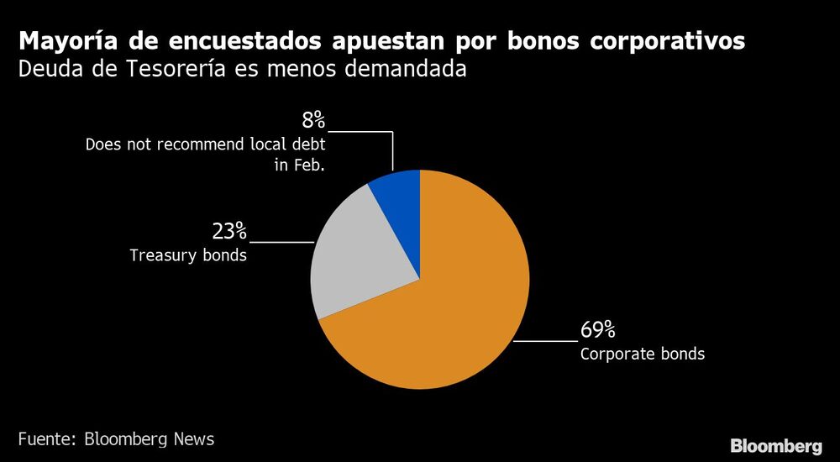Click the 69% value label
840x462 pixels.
598,330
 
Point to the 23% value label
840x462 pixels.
228,230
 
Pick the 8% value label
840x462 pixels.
313,119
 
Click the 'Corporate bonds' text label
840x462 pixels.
642,354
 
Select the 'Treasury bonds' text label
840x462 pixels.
188,255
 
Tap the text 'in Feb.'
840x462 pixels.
299,165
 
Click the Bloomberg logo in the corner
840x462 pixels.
775,445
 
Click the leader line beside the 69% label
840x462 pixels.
546,341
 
